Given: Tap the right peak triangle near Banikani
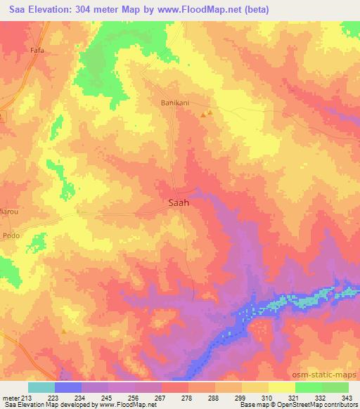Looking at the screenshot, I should (210, 112).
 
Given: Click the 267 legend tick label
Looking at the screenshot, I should (162, 397).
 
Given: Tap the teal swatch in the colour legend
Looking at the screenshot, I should (41, 387).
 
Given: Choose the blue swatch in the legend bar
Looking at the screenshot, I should (68, 387).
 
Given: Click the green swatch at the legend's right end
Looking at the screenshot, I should (335, 387).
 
